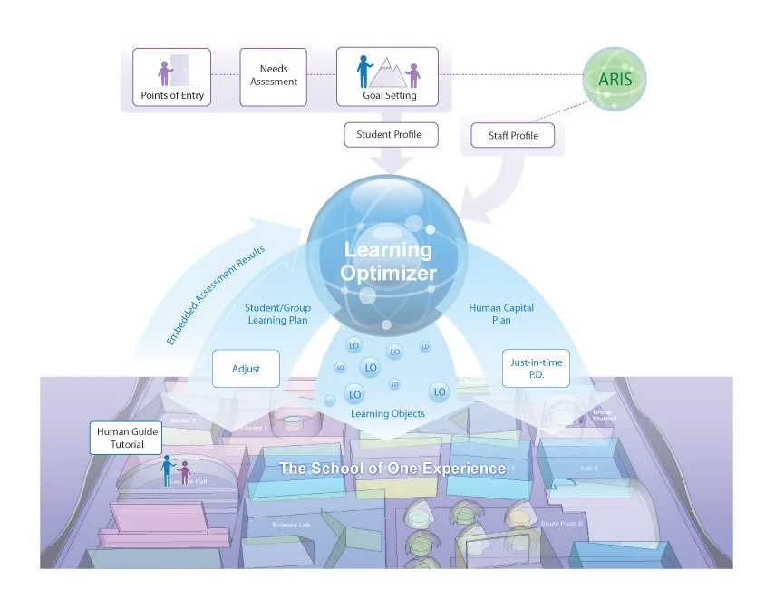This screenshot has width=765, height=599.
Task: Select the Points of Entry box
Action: coord(172,77)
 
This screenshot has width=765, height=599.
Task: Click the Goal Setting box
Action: coord(389,77)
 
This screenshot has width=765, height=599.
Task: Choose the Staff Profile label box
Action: coord(512,136)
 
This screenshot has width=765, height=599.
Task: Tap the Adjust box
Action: coord(246,369)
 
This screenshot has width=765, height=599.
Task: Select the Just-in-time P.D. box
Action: coord(536,369)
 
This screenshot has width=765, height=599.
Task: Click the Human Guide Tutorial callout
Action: coord(127,438)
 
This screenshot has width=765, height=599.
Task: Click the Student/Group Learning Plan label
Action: coord(276,314)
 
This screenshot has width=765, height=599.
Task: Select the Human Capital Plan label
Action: coord(501,314)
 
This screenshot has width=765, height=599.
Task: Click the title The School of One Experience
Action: coord(392,469)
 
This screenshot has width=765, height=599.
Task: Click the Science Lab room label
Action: coord(291,525)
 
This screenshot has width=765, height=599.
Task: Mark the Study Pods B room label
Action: coord(562,524)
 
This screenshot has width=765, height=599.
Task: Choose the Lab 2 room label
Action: coord(590,468)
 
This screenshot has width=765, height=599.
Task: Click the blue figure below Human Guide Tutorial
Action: coord(168,469)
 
